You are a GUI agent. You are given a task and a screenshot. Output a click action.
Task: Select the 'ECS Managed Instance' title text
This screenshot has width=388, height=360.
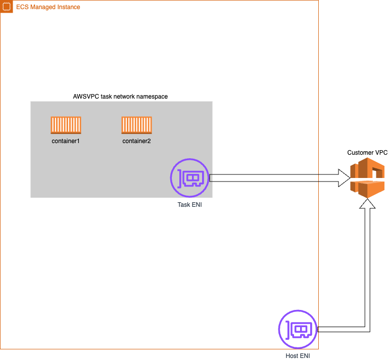tap(48, 7)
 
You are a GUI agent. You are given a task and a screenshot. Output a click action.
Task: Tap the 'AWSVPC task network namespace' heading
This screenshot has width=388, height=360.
tap(120, 96)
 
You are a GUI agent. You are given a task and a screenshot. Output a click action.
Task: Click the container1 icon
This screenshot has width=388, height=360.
tap(66, 125)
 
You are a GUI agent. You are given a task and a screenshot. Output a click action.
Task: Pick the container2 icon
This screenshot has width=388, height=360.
tap(136, 125)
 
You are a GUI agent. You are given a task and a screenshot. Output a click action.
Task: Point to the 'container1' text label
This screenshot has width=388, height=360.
tap(66, 141)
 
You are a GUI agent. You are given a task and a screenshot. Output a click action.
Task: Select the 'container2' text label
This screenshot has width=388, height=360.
tap(136, 141)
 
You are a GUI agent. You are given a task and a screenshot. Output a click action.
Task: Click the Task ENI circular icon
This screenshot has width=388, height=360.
tap(189, 178)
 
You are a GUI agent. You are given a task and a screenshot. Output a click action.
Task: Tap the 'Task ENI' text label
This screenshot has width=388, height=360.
tap(189, 205)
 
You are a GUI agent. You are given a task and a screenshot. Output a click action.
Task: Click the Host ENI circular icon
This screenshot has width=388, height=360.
tap(298, 329)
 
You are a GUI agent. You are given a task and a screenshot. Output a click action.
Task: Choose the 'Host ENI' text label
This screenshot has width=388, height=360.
tap(298, 356)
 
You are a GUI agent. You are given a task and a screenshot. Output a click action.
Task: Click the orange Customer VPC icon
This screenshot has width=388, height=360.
tap(367, 177)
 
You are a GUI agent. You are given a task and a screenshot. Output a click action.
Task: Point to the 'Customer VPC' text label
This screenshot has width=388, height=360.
tap(367, 153)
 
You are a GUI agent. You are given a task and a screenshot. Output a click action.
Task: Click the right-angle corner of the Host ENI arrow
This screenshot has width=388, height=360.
tap(367, 329)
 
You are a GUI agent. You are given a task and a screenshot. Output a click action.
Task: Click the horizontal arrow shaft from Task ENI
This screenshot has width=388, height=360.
tap(273, 177)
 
